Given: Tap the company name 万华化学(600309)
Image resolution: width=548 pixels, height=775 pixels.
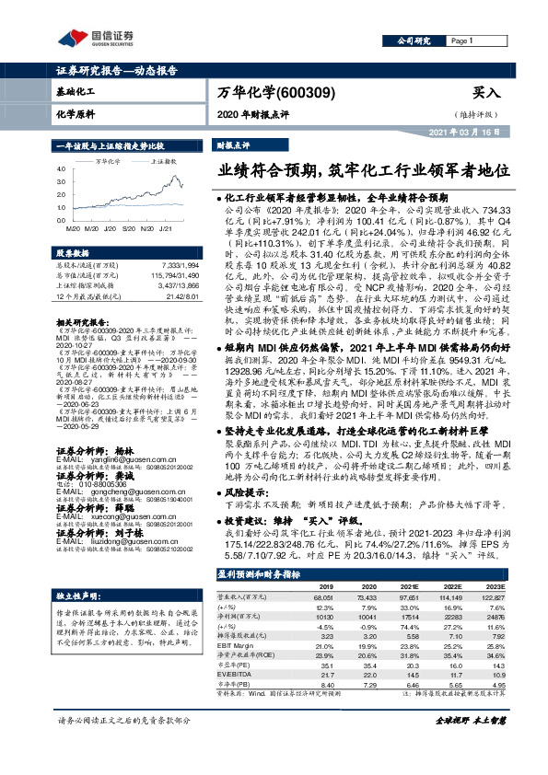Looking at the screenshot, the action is (276, 93).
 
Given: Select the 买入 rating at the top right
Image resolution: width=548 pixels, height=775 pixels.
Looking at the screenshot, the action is (485, 93).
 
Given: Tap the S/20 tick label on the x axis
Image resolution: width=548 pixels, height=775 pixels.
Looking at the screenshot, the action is (127, 226).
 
